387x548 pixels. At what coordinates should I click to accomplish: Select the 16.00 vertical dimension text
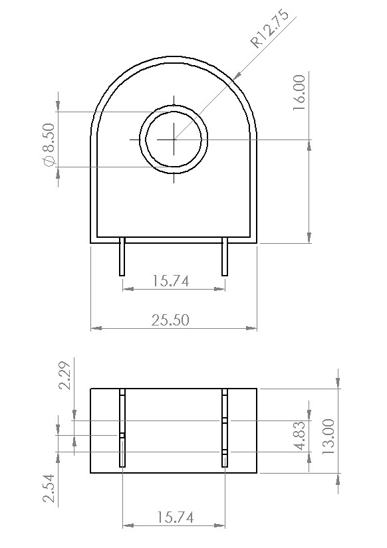point(299,92)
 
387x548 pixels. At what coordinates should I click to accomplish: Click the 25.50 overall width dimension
point(170,320)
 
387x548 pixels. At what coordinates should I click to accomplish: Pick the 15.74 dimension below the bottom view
point(171,517)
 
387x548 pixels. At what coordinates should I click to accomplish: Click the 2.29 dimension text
point(65,376)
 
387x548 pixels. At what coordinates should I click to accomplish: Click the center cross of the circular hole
point(174,139)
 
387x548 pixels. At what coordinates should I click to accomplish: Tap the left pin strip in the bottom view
point(122,428)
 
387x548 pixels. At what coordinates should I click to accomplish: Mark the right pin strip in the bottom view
point(225,428)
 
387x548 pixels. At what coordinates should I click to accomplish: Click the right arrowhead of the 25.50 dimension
point(253,328)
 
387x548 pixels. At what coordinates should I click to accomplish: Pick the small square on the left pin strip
point(122,436)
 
